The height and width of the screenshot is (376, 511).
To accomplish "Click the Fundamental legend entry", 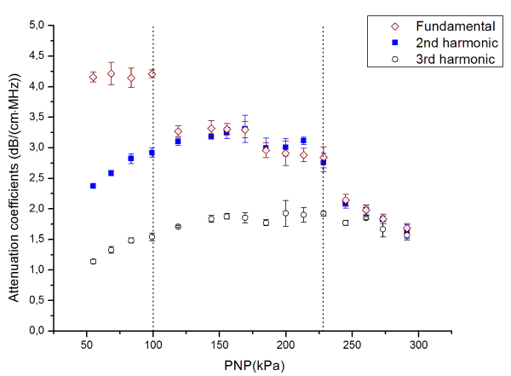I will pos(433,25).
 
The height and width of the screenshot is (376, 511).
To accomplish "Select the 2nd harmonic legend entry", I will pos(433,42).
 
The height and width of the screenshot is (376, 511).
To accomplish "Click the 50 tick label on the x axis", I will pos(87,344).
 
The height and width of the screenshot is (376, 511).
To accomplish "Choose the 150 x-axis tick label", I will pos(220,344).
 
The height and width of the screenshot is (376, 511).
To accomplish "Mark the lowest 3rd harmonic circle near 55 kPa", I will pos(93,261).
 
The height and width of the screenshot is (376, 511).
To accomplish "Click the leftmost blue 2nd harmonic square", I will pos(93,185).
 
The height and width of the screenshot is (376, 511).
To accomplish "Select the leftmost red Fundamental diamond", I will pos(93,77).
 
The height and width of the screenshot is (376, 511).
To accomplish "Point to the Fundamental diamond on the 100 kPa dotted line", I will pos(152,73).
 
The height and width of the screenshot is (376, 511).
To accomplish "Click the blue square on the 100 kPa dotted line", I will pos(152,153).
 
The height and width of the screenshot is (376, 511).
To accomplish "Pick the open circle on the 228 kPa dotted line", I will pos(323,213).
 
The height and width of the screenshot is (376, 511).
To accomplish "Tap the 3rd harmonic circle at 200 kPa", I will pos(286,213).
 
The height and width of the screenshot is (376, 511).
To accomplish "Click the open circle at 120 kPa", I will pos(178,226).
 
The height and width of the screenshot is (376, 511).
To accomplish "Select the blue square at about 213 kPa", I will pos(304,141).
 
